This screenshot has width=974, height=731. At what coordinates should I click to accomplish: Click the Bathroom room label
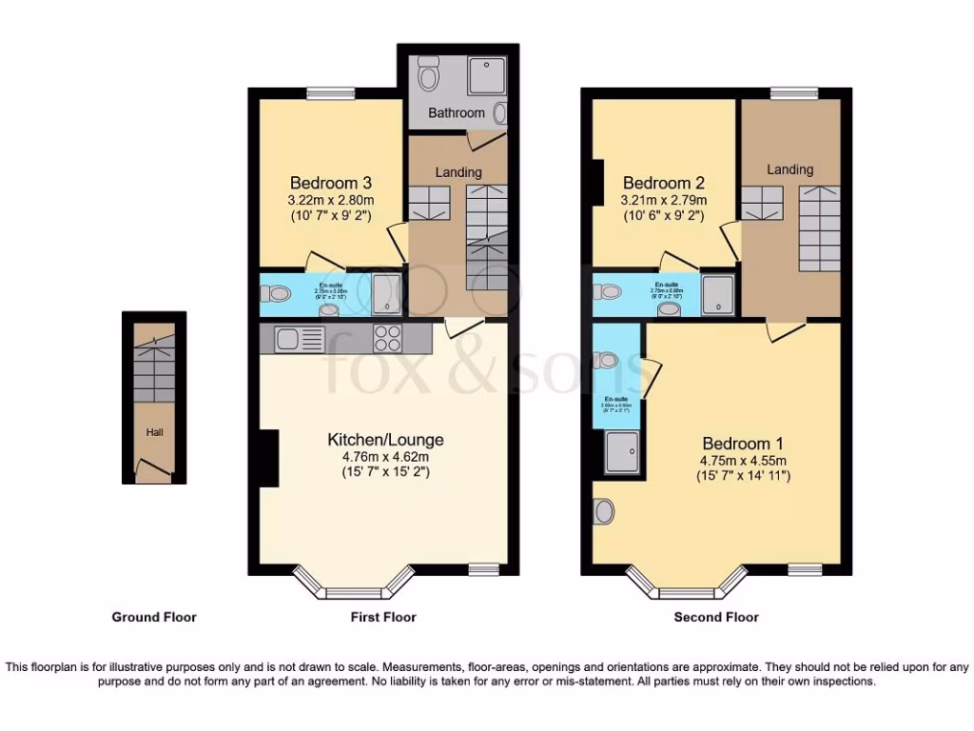(456, 112)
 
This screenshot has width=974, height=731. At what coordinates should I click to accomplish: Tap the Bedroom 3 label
(330, 183)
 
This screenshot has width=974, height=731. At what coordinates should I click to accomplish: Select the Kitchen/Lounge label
(385, 440)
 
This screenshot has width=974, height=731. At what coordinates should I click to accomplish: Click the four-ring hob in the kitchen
(387, 338)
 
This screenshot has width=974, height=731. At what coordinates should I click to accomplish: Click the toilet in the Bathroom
(428, 73)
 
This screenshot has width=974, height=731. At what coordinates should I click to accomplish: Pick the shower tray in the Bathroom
(486, 74)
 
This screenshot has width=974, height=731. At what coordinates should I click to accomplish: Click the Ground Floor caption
(154, 617)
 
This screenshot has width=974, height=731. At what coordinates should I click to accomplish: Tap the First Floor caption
(383, 617)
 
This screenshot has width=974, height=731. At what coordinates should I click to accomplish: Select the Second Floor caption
(716, 617)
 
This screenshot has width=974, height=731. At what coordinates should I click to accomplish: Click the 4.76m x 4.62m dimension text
(385, 457)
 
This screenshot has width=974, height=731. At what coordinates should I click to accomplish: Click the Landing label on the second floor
(790, 169)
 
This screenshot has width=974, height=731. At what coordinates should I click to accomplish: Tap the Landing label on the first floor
(458, 172)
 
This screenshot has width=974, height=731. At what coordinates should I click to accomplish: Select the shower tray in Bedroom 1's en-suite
(623, 452)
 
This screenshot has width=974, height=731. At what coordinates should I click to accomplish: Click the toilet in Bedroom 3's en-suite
(280, 295)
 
